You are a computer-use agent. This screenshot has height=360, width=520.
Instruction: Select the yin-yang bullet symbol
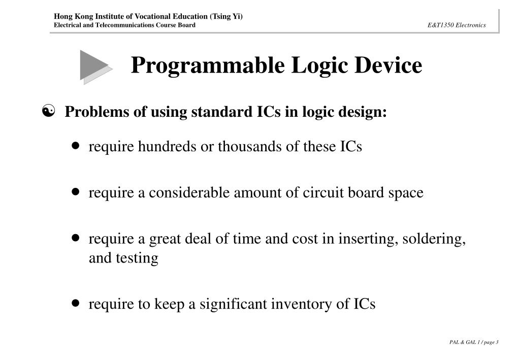pos(50,111)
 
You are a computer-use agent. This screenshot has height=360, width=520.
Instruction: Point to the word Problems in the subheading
pos(94,112)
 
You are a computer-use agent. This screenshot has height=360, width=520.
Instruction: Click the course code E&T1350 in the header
pos(441,25)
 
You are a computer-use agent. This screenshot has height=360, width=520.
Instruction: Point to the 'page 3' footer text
pos(491,342)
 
